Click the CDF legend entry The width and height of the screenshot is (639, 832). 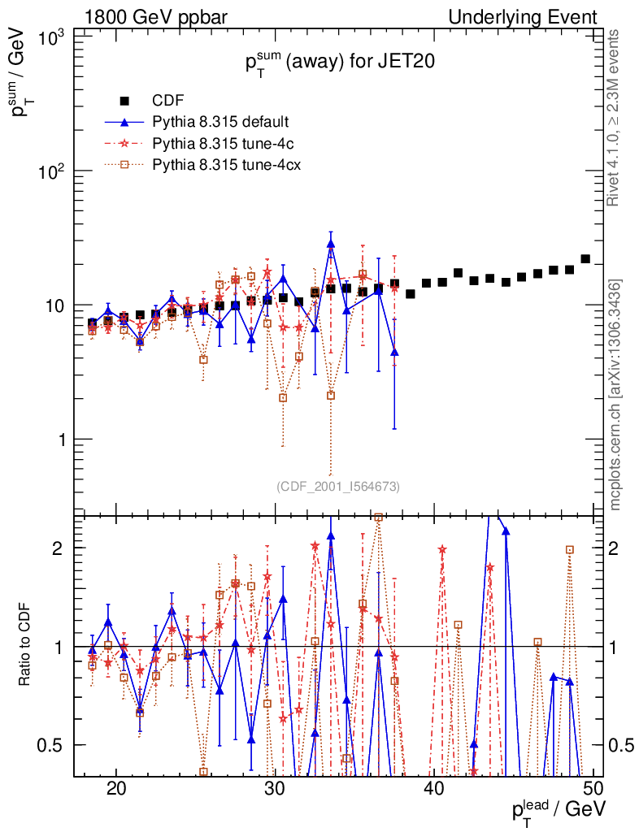click(x=168, y=101)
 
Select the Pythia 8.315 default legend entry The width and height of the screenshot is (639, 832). click(x=220, y=123)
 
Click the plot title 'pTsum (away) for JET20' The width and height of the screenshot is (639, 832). click(x=335, y=64)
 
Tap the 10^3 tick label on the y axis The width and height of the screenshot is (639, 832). click(x=50, y=37)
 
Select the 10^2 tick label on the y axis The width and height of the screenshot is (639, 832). click(x=50, y=171)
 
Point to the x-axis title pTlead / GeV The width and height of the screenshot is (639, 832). click(x=558, y=811)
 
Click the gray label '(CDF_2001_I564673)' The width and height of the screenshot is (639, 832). click(x=337, y=486)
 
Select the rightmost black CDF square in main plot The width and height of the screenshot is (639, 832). click(x=585, y=259)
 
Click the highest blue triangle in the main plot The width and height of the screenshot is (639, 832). click(x=331, y=243)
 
